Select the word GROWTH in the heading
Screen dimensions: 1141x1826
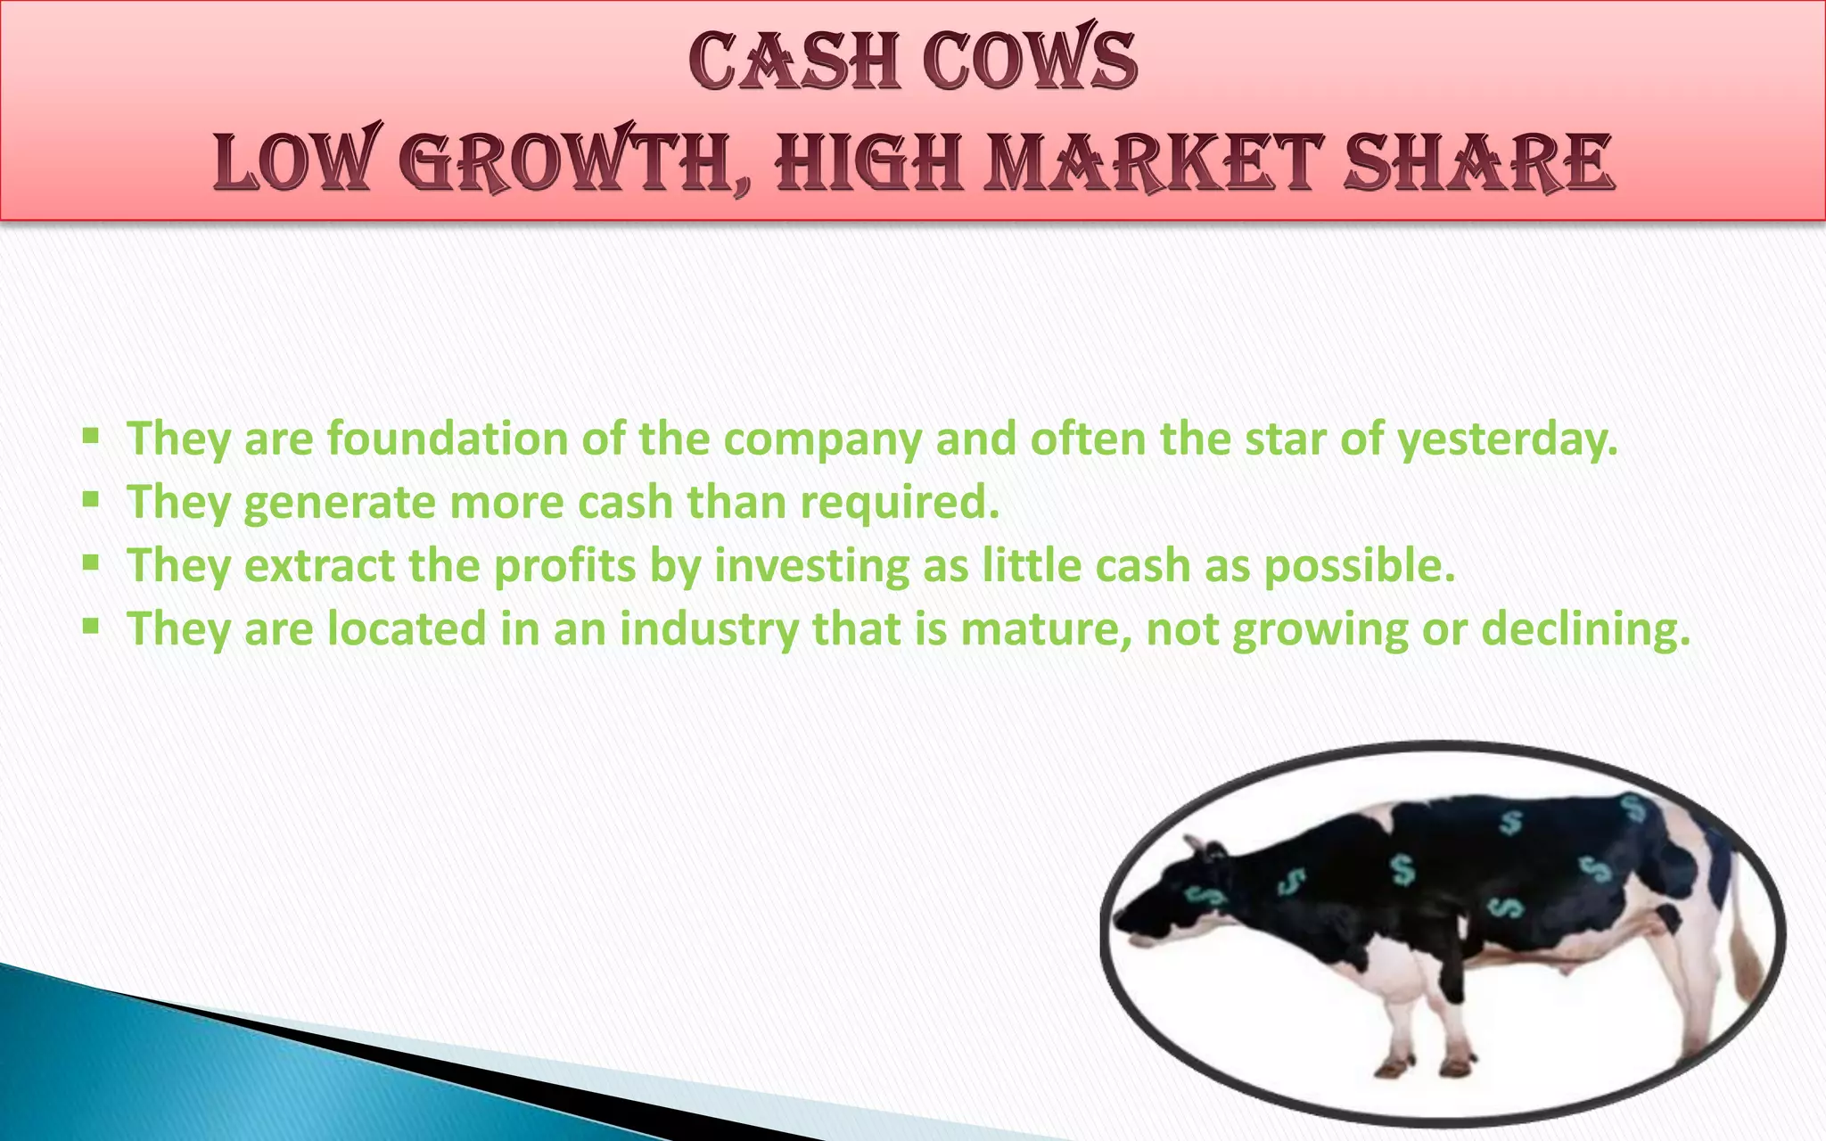[574, 162]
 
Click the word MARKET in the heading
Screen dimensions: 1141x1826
[1154, 162]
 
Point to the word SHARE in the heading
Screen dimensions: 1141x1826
[1479, 162]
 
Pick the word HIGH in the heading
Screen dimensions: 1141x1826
[869, 162]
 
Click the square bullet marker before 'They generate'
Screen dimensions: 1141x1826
[90, 499]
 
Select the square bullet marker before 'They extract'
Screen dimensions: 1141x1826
[90, 562]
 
